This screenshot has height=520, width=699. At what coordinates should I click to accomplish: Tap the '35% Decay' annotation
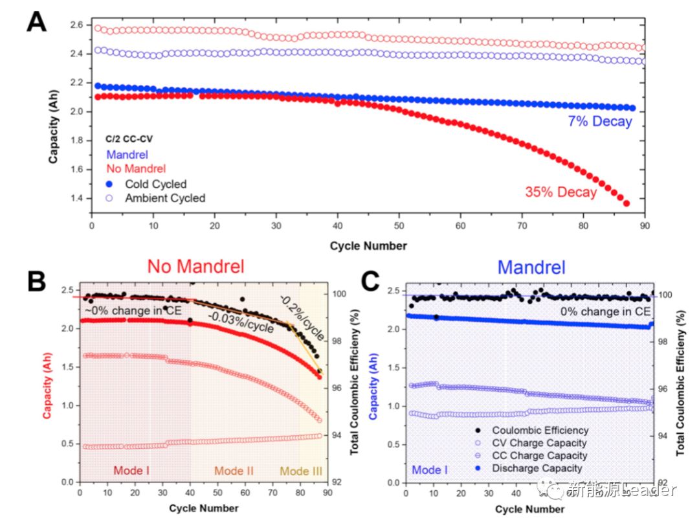coord(560,192)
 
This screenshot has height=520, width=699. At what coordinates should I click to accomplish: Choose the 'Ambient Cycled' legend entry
coord(165,198)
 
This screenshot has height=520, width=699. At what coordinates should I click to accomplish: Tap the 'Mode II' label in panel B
coord(234,471)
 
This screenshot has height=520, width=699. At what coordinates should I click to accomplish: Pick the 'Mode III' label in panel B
coord(301,471)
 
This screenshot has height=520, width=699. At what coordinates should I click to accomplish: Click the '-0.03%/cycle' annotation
coord(239,322)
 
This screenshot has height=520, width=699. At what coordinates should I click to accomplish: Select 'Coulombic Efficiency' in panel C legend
coord(540,430)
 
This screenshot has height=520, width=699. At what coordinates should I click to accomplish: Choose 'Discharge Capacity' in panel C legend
coord(537,468)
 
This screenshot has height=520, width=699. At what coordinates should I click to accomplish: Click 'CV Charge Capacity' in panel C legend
coord(539,443)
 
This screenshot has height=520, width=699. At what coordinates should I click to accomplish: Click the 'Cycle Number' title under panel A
coord(368,245)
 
